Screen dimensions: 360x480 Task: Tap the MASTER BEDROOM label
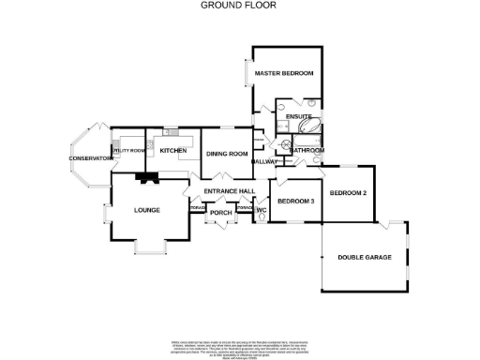pos(285,73)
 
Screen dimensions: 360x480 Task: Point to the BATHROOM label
pos(307,150)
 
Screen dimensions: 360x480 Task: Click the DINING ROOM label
pos(227,154)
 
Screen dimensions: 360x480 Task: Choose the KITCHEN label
pos(173,150)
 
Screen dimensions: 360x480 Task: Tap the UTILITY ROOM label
pos(129,150)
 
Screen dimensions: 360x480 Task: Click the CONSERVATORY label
pos(91,158)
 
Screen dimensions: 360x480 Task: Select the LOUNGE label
pos(151,210)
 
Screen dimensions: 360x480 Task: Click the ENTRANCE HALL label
pos(230,191)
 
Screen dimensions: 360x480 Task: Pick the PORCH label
pos(220,213)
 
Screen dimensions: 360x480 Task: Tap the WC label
pos(262,211)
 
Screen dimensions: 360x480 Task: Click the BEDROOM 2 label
pos(348,193)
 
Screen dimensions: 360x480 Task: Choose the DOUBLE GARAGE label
pos(365,257)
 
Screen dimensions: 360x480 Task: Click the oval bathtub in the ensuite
pos(310,132)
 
